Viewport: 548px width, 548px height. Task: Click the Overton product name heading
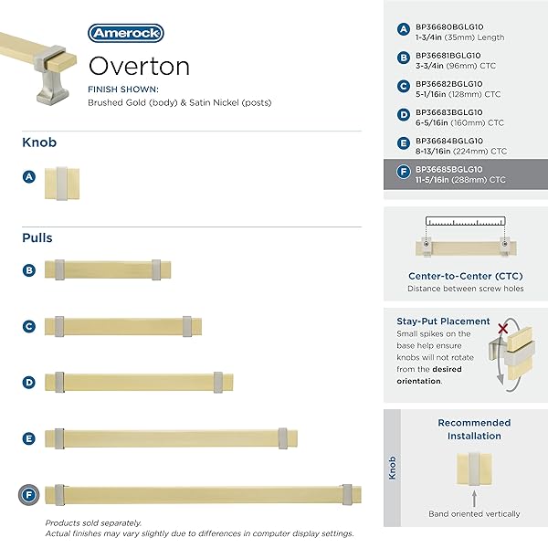139,67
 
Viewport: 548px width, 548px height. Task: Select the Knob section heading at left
39,143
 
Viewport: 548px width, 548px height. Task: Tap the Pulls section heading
37,238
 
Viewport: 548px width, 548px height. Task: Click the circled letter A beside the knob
29,177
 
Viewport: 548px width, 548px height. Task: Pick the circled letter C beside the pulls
29,326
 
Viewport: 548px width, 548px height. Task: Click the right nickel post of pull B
157,269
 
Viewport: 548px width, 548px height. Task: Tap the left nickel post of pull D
59,382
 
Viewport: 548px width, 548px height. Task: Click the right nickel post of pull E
284,438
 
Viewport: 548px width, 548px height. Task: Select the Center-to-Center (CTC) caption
466,276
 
